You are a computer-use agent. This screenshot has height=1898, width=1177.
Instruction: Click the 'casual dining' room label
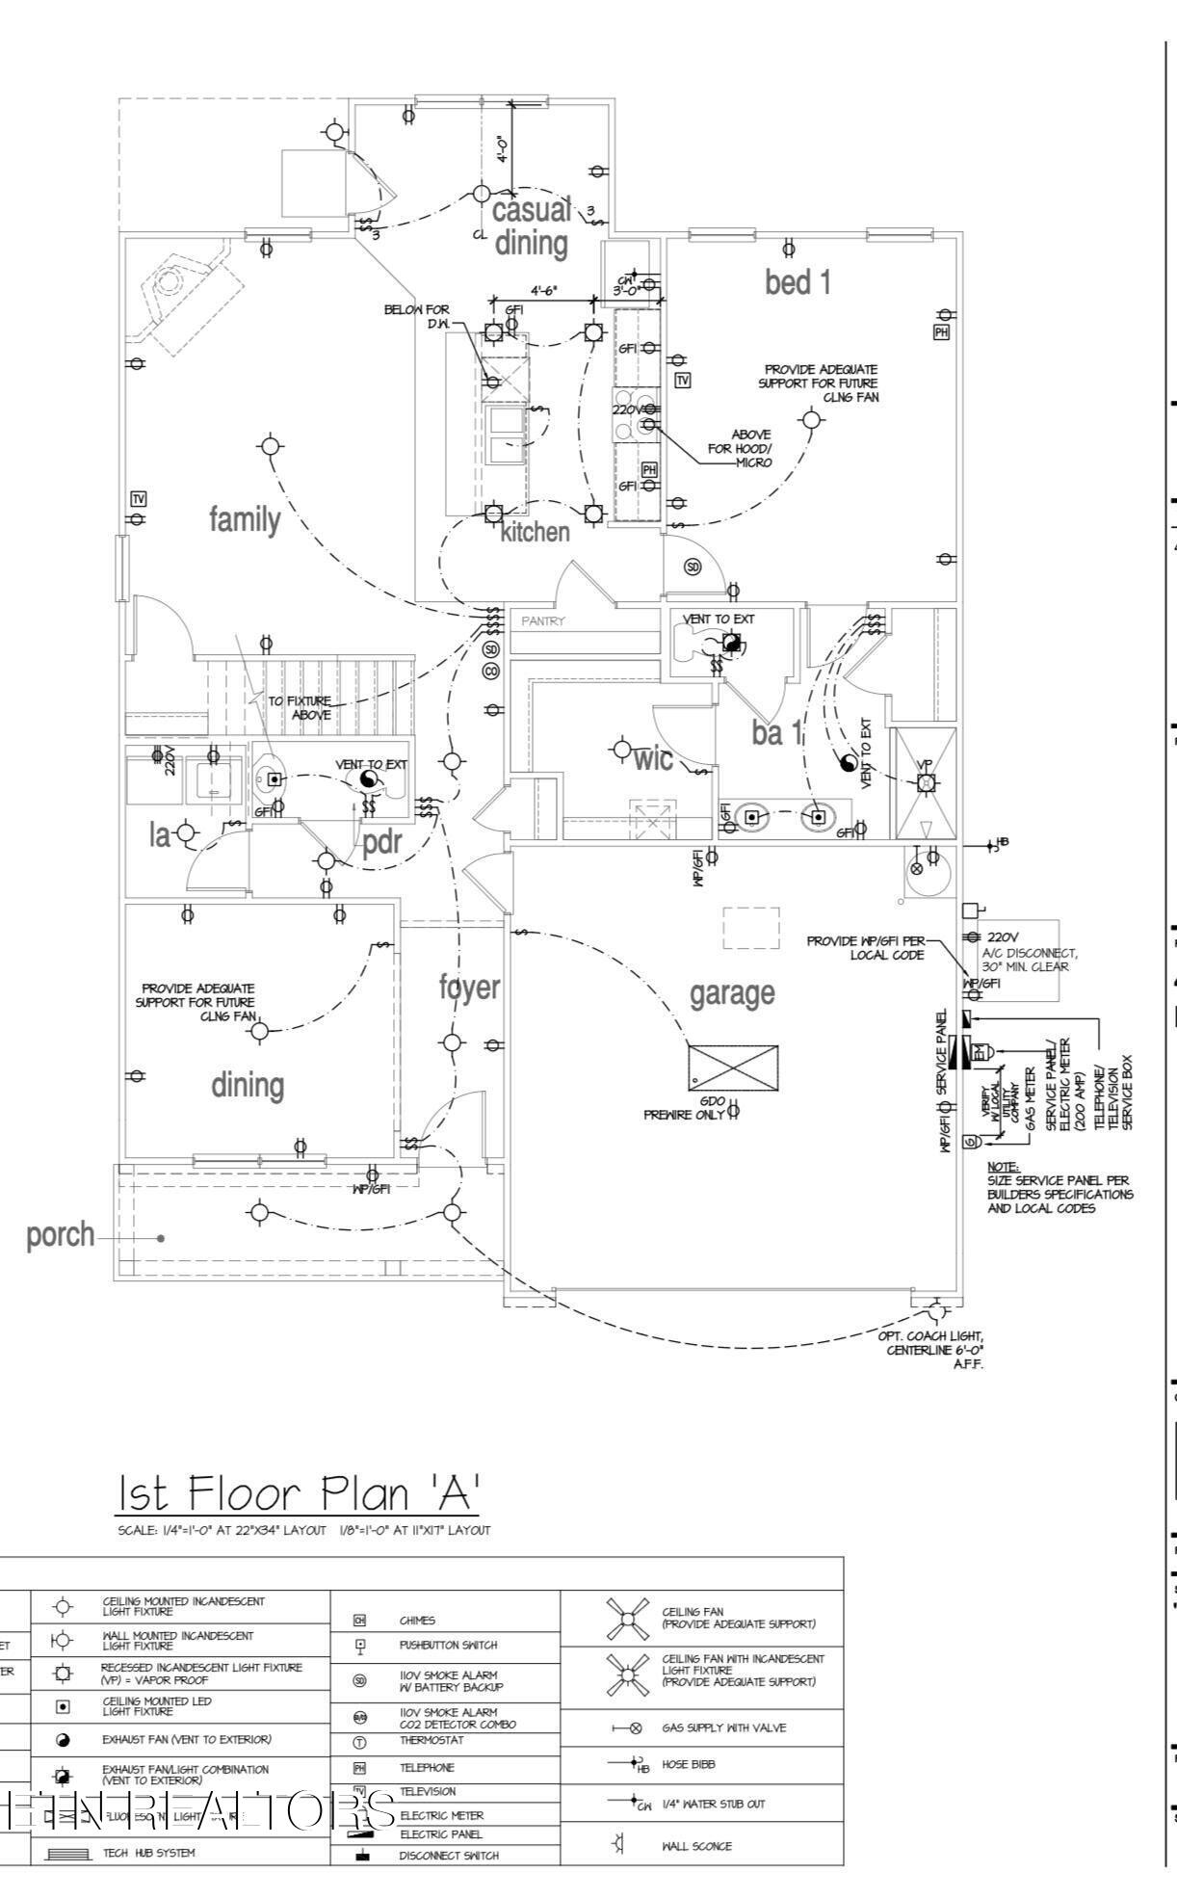pyautogui.click(x=531, y=226)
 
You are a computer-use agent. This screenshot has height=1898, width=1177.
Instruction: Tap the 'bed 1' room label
pyautogui.click(x=798, y=282)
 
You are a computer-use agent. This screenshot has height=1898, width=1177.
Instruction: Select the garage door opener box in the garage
pyautogui.click(x=733, y=1067)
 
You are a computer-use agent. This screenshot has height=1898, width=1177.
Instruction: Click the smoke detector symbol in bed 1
pyautogui.click(x=692, y=567)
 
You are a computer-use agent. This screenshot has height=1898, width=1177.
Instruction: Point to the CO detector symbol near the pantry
pyautogui.click(x=490, y=671)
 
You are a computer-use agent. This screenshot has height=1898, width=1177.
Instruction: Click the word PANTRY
pyautogui.click(x=544, y=621)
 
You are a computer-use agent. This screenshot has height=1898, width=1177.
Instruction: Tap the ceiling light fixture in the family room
pyautogui.click(x=271, y=446)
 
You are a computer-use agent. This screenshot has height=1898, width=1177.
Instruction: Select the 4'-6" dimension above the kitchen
pyautogui.click(x=544, y=290)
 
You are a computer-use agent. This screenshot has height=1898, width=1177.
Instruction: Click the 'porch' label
pyautogui.click(x=61, y=1234)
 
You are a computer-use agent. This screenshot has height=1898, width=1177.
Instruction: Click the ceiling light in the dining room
pyautogui.click(x=259, y=1031)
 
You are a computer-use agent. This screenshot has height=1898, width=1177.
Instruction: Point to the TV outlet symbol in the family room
pyautogui.click(x=139, y=498)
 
